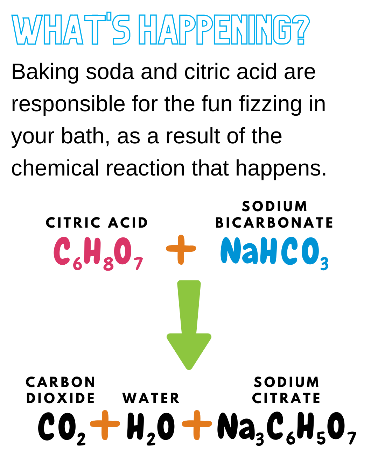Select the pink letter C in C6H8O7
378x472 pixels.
(62, 251)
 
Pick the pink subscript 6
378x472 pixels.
(77, 264)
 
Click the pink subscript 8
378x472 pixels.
(108, 265)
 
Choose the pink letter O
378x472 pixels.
(124, 251)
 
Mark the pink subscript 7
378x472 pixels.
(138, 264)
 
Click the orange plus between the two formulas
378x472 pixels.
(181, 249)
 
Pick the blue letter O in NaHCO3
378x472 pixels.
(309, 251)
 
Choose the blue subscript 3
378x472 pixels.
(324, 264)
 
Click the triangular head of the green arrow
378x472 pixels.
(189, 350)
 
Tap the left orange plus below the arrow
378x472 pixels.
(105, 424)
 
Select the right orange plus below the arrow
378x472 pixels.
(197, 424)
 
